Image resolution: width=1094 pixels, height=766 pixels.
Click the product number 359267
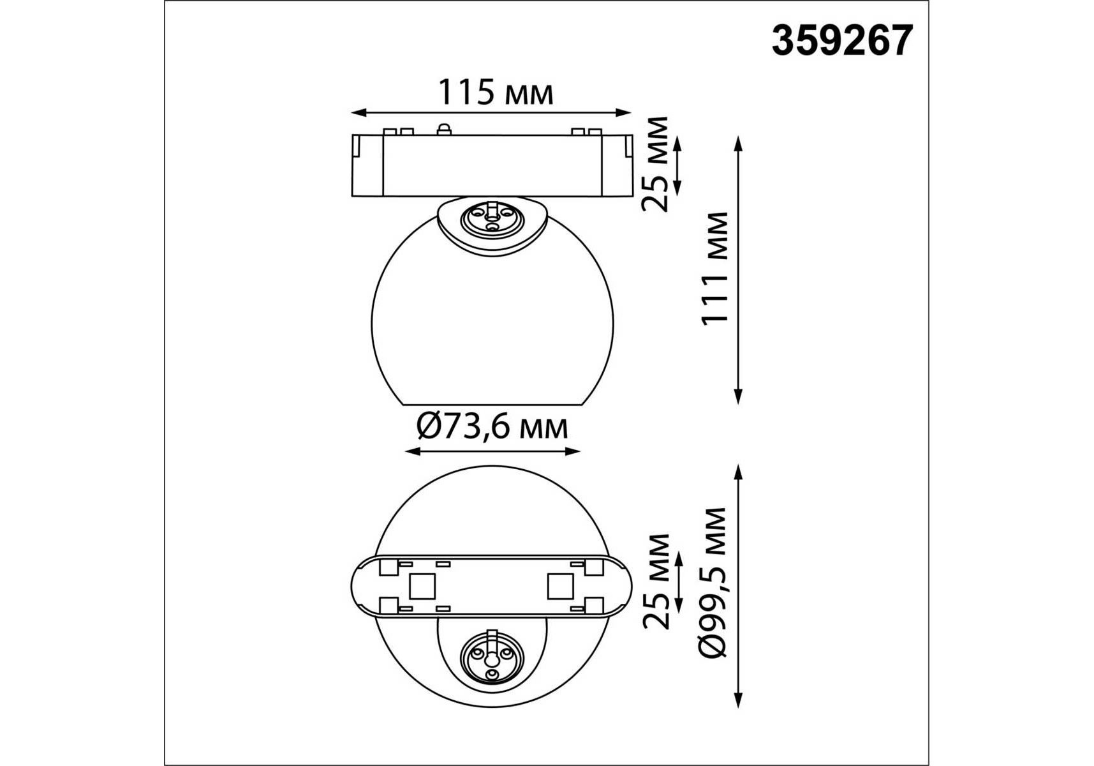coord(842,41)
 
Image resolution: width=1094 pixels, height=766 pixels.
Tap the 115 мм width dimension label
coord(495,93)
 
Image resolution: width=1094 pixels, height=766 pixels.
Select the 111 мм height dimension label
coord(715,269)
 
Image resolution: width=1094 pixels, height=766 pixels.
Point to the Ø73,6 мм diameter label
coord(492,426)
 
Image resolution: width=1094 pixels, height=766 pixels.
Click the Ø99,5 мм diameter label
coord(713,583)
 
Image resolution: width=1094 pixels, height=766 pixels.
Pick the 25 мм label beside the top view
coord(656,164)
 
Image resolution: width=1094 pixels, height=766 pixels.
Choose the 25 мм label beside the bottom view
coord(656,582)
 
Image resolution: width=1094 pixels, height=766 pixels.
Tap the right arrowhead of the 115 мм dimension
coord(623,113)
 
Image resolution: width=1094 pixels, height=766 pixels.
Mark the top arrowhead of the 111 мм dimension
coord(739,143)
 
